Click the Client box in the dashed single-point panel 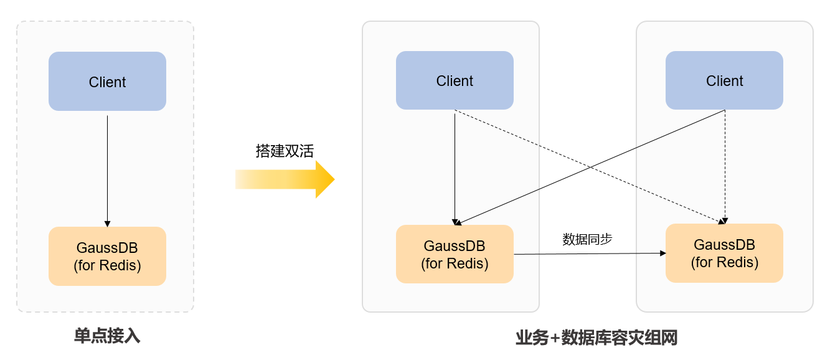coord(107,82)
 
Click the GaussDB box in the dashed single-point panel coord(107,256)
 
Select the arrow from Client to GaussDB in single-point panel coord(107,168)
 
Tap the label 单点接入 coord(107,336)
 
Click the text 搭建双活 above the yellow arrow coord(284,151)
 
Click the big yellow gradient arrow coord(285,179)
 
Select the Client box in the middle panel coord(455,80)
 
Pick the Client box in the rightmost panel coord(724,80)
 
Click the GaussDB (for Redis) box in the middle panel coord(455,254)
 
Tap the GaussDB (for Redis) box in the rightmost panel coord(724,253)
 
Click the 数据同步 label coord(587,239)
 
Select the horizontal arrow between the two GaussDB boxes coord(588,253)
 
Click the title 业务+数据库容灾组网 coord(596,338)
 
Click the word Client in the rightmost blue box coord(724,81)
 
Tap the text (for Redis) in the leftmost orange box coord(107,265)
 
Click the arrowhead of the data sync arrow coord(662,253)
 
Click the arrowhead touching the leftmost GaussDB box coord(107,223)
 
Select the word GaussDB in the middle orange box coord(455,246)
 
